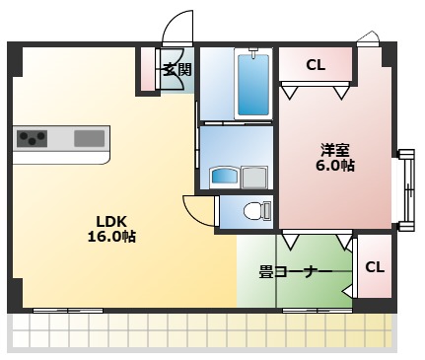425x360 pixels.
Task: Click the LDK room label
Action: pos(110,220)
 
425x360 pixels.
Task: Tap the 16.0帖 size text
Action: pos(110,237)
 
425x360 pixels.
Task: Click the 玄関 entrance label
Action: pos(177,69)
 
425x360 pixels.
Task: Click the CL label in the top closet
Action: pos(315,65)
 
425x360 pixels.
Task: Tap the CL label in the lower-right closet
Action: pos(375,266)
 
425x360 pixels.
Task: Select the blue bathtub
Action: pos(253,83)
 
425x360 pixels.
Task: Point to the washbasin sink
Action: pos(225,177)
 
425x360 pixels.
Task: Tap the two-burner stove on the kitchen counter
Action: pos(34,138)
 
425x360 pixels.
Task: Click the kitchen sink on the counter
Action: pos(89,138)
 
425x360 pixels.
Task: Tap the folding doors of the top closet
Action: pos(315,91)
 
